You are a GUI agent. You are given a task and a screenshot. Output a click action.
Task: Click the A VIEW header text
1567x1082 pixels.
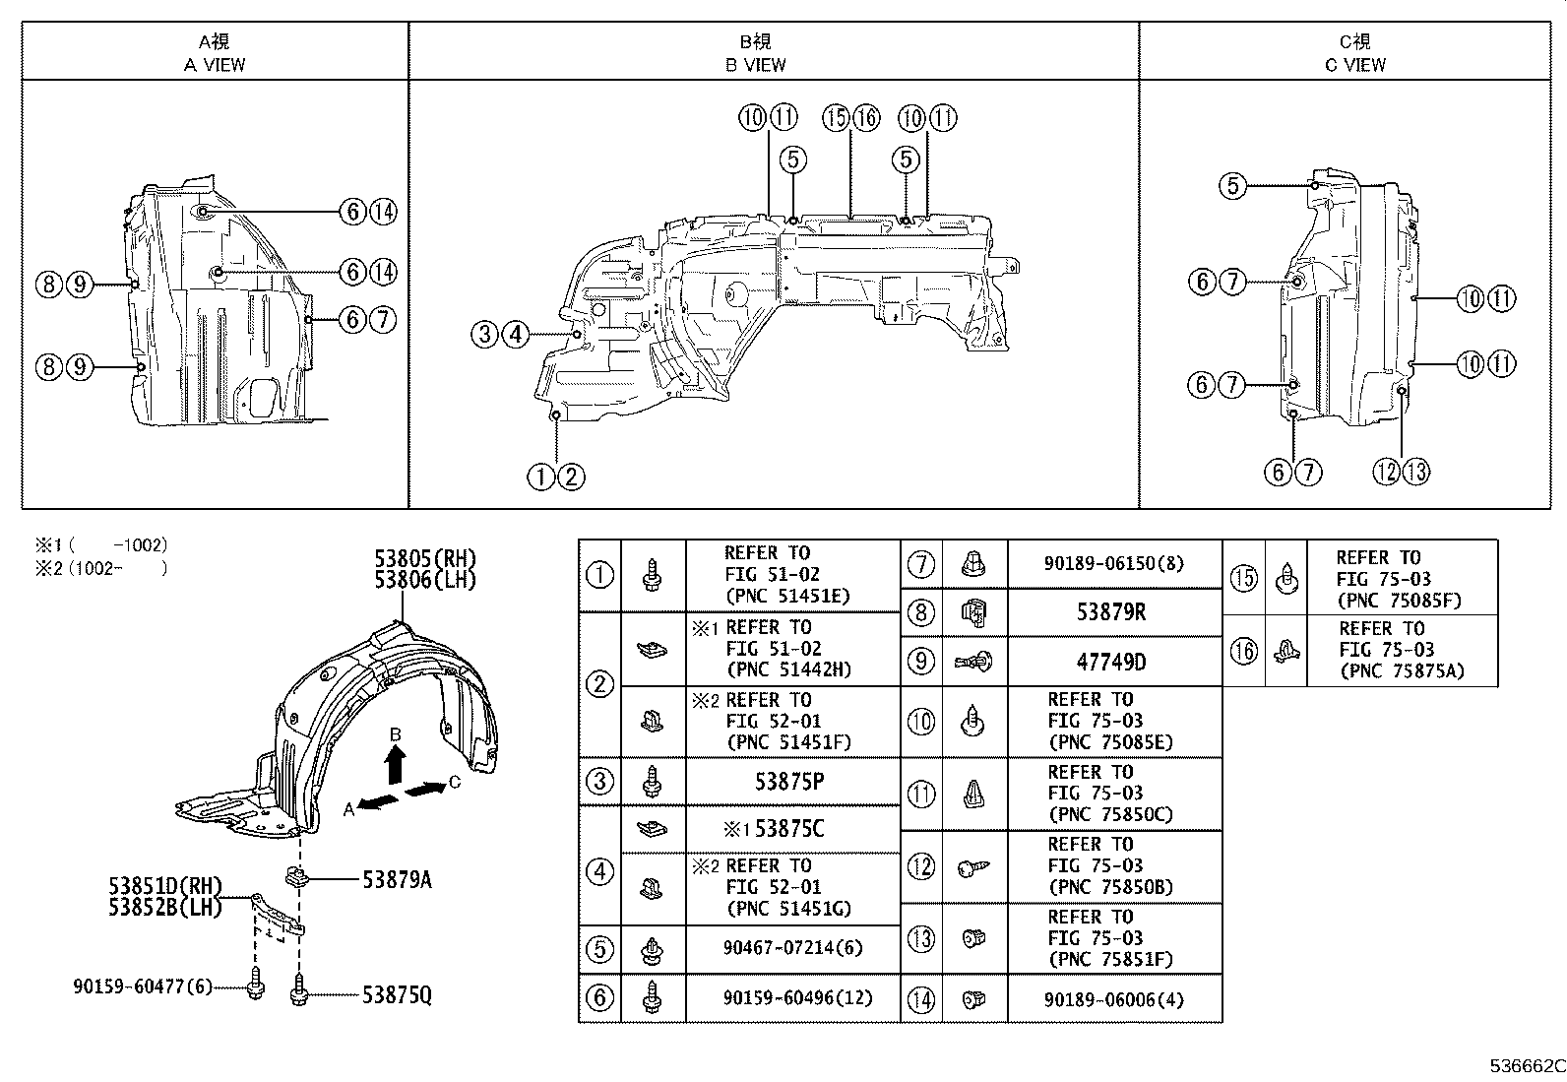(215, 65)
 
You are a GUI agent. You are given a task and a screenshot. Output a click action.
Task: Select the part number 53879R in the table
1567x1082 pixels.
(1110, 612)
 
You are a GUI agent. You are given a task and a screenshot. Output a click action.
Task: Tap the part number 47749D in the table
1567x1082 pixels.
(1110, 662)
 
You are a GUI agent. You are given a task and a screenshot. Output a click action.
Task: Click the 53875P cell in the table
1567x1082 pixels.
(789, 782)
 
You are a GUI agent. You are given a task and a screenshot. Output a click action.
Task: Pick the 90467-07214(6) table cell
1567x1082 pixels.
(791, 948)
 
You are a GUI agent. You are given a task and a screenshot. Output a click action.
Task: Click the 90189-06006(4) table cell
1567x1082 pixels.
(1114, 999)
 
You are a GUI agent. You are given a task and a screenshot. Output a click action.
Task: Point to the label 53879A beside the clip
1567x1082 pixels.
(397, 879)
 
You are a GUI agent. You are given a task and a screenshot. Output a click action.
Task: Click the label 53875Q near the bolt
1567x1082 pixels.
(397, 995)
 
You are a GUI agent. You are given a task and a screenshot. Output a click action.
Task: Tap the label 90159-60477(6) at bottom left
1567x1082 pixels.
(142, 986)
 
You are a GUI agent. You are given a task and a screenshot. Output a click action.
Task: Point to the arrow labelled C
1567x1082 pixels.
(426, 789)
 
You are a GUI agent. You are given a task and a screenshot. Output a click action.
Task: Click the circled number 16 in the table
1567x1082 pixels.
(1244, 650)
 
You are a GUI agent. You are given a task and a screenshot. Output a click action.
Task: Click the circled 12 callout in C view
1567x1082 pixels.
(1386, 472)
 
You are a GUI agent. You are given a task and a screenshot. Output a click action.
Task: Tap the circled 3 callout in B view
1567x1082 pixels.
(484, 335)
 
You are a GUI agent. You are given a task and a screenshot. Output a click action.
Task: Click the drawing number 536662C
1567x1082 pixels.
(1526, 1065)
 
